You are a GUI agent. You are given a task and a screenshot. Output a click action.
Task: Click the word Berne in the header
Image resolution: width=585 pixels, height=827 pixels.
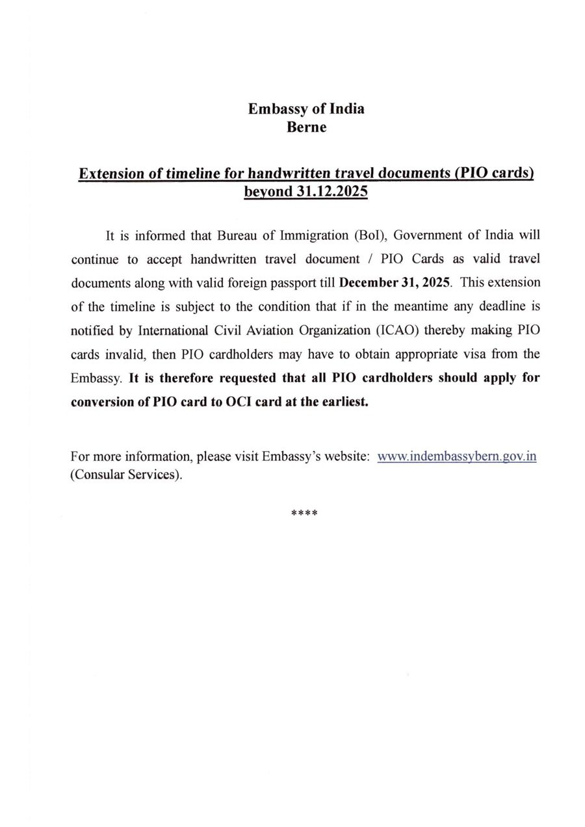click(306, 127)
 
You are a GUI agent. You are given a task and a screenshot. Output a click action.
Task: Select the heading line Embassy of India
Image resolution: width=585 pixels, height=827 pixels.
click(306, 109)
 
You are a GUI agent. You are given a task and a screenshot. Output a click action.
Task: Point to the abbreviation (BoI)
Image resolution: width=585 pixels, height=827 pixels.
click(369, 233)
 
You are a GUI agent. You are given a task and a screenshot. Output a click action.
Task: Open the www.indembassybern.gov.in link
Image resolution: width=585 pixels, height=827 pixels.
click(456, 456)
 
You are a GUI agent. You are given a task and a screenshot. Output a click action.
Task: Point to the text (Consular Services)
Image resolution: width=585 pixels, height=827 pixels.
click(125, 475)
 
